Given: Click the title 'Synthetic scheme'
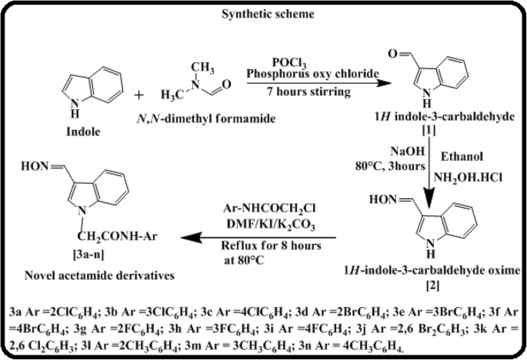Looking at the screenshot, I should pyautogui.click(x=263, y=14).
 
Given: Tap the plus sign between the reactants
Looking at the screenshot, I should pyautogui.click(x=138, y=95).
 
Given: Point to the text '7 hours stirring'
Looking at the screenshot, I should pyautogui.click(x=300, y=92).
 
